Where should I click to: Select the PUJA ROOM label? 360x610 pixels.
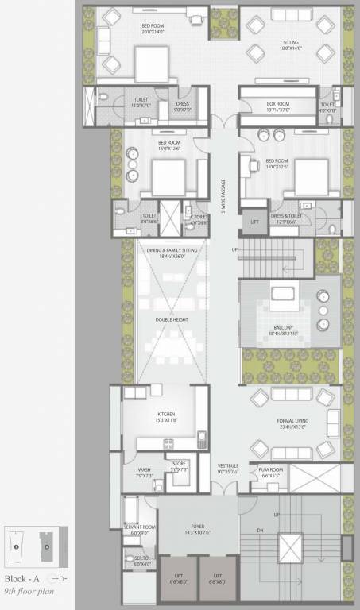click(265, 470)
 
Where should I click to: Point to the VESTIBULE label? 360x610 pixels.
click(228, 466)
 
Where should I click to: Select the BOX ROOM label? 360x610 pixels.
click(277, 103)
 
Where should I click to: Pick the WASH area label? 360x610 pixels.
click(144, 470)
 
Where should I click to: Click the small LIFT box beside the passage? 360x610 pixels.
click(254, 222)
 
